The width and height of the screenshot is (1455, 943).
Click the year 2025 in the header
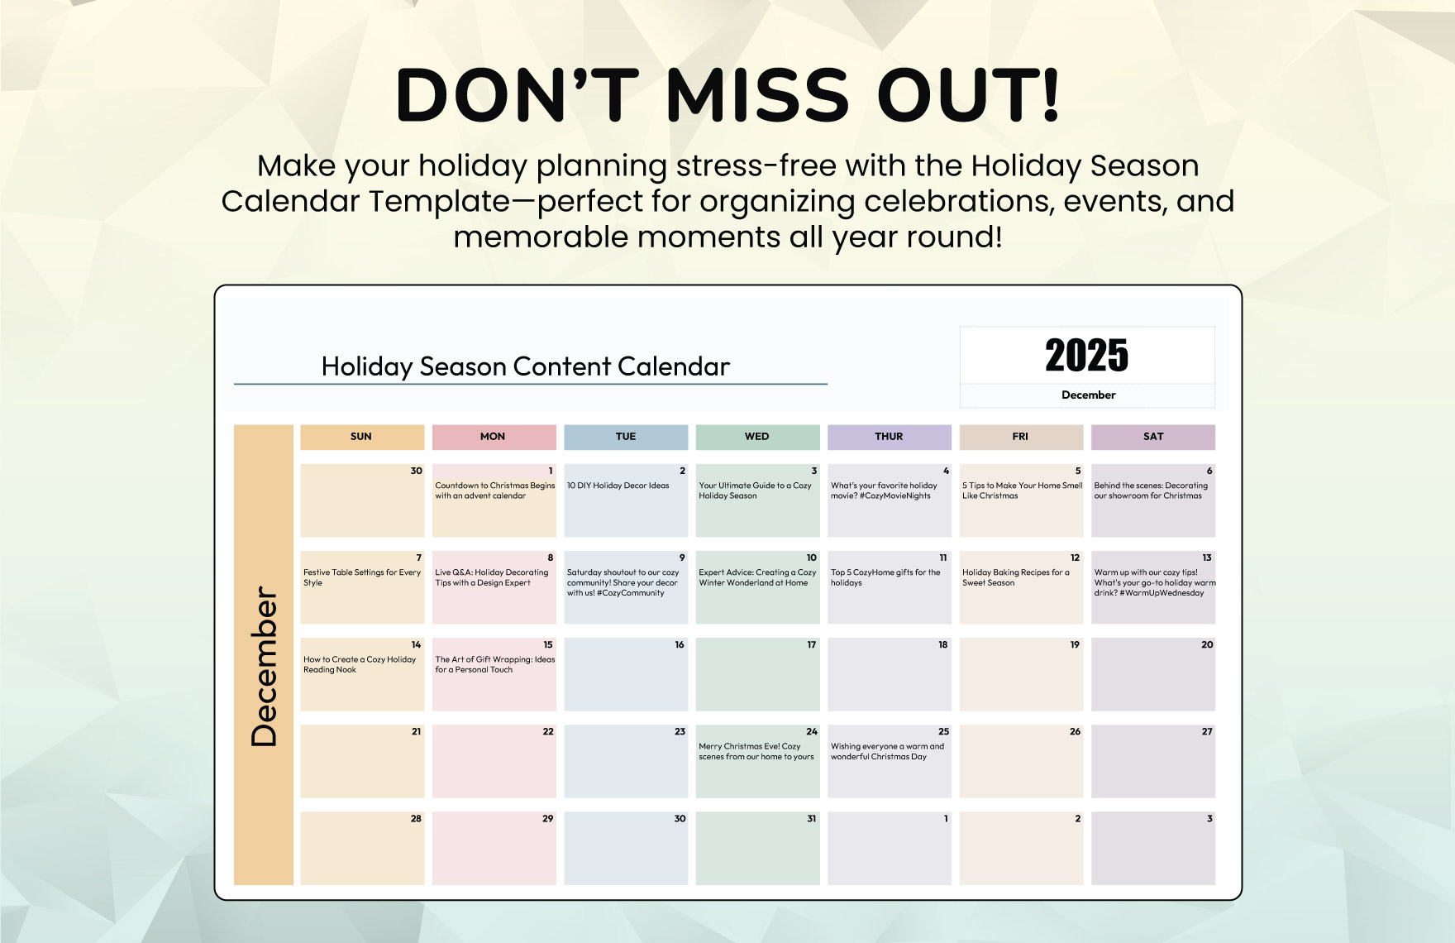coord(1086,356)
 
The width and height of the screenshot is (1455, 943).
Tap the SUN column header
coord(362,437)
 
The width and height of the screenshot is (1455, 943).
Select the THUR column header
coord(890,437)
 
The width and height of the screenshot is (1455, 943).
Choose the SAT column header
coord(1153,437)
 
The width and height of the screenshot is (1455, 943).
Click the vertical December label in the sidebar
coord(265,666)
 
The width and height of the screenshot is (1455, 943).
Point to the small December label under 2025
coord(1088,395)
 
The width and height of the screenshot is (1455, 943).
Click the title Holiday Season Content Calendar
coord(526,366)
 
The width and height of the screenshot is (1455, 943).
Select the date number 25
coord(943,732)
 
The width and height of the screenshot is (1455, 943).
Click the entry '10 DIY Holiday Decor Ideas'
coord(618,486)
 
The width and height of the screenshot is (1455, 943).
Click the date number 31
coord(811,819)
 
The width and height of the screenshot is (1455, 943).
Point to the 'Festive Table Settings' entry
coord(362,577)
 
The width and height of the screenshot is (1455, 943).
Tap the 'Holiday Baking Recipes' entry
coord(1016,577)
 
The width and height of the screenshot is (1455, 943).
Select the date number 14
coord(416,645)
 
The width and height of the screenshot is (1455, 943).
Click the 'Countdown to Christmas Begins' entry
coord(495,491)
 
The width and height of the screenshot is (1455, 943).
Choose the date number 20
coord(1207,645)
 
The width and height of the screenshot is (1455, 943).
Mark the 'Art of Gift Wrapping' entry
coord(495,664)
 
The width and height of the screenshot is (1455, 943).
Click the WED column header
coord(757,437)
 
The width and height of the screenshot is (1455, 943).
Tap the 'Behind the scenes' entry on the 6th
coord(1151,491)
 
